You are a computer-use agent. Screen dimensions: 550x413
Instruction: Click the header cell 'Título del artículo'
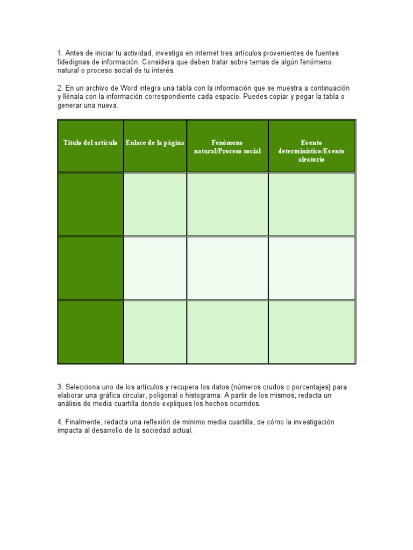tap(90, 143)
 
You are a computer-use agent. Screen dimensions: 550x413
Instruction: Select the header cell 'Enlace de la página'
tap(155, 143)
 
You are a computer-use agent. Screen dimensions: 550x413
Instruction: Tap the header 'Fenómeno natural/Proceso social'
tap(227, 147)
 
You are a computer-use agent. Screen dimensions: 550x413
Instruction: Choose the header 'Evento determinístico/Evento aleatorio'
tap(311, 151)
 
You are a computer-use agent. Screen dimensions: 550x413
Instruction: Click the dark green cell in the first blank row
tap(90, 204)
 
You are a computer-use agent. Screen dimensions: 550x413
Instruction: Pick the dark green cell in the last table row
tap(90, 332)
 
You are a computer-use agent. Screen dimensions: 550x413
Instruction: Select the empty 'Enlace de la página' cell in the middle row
tap(155, 268)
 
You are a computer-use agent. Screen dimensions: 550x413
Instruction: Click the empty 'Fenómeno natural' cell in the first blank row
tap(227, 204)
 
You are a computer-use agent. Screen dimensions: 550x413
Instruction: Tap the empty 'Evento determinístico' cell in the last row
tap(311, 332)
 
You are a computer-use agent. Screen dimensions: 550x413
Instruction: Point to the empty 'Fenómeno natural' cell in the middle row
tap(227, 268)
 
